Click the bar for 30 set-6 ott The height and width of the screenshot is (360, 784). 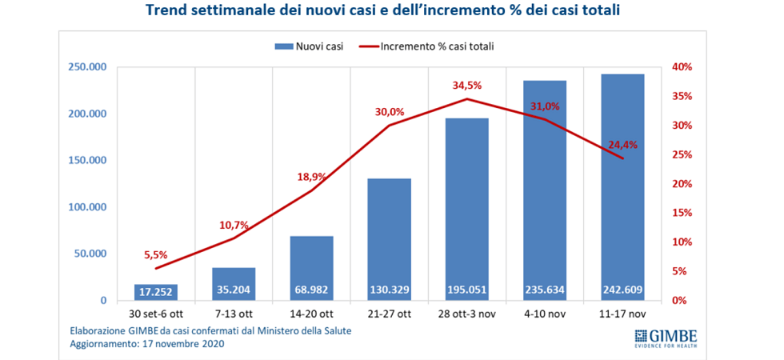[x=156, y=292]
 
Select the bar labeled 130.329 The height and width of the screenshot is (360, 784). [x=390, y=240]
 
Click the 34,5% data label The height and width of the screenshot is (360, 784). [x=468, y=85]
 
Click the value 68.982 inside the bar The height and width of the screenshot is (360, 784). [x=312, y=291]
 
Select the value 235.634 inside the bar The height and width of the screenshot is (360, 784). [x=546, y=291]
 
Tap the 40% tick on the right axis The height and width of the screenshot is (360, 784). [x=681, y=67]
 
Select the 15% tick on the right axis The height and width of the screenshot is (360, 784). [x=681, y=214]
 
